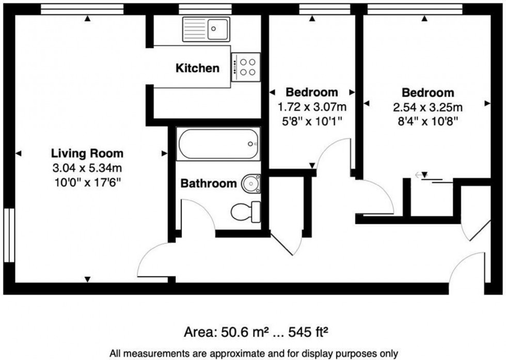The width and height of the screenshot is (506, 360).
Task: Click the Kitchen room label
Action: pos(197,68)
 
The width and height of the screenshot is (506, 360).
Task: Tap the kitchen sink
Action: pos(206,28)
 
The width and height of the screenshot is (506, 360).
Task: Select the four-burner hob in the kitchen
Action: pos(246,67)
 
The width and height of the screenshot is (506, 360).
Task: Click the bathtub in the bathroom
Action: pos(218,144)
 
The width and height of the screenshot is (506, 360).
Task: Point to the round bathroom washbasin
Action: pos(251,183)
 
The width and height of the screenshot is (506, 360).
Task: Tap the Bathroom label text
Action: pos(209,183)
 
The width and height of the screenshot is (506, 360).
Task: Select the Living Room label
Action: pos(87,153)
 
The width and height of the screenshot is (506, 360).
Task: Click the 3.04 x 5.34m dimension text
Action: pos(87,168)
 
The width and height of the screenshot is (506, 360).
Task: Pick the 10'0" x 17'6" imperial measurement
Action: pos(87,182)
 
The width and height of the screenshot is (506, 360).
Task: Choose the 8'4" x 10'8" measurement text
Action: pos(428,121)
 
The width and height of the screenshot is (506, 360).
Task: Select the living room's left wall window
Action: pos(9,235)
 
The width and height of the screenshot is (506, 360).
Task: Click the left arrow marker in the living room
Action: pos(19,153)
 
